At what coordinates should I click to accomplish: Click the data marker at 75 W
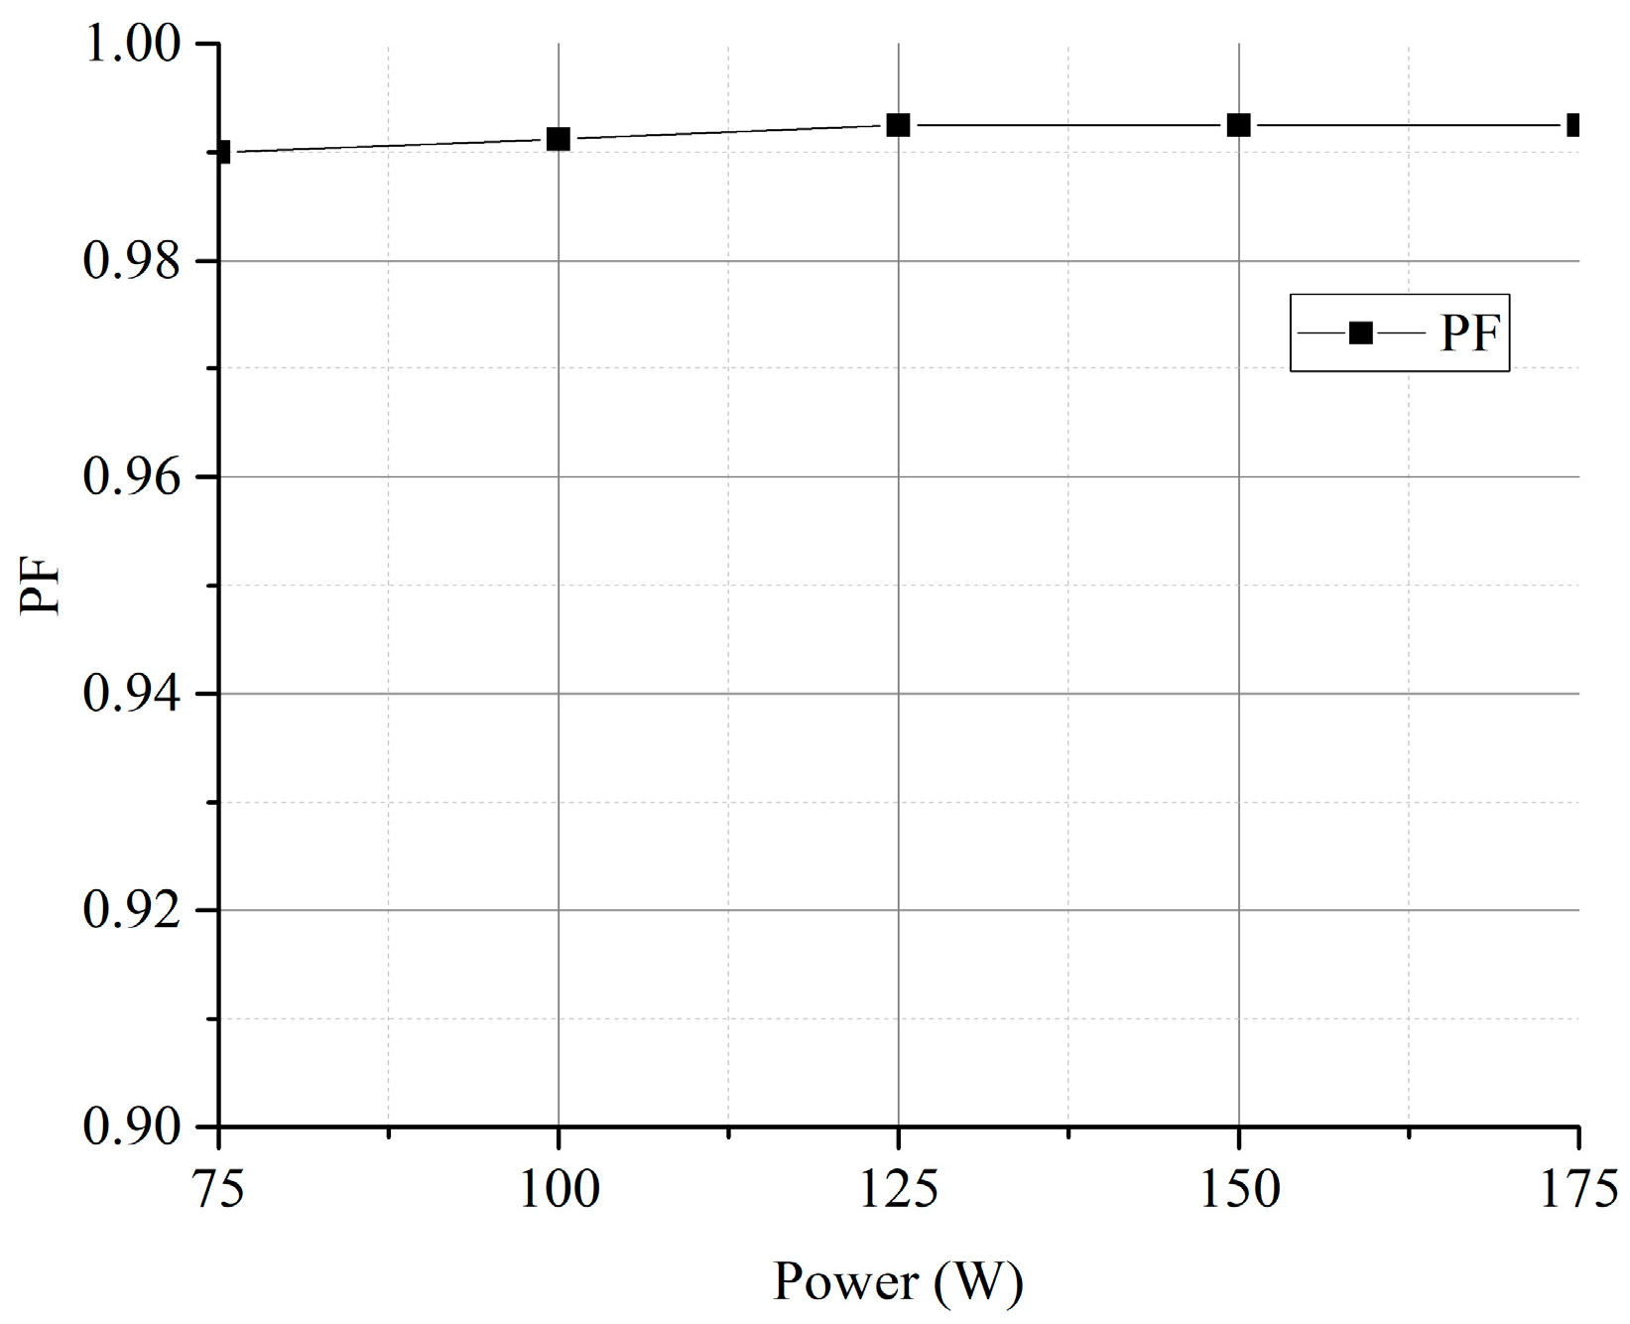click(223, 152)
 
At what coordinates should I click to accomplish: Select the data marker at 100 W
click(559, 139)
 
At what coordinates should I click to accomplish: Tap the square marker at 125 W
click(898, 125)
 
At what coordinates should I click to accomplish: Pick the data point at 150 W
click(1238, 125)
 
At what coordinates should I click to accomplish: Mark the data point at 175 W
click(1573, 125)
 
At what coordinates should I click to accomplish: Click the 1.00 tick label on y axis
click(133, 44)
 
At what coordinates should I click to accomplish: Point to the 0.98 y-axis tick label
click(133, 261)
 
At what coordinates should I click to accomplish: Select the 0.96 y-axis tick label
click(133, 477)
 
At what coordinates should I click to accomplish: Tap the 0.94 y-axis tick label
click(133, 694)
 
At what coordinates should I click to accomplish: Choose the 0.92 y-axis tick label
click(133, 910)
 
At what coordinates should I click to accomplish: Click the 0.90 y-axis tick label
click(133, 1126)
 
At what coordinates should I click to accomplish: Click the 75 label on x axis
click(219, 1189)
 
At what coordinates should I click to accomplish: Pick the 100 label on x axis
click(560, 1189)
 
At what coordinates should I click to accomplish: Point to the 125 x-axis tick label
click(899, 1189)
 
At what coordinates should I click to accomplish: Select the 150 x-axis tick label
click(1240, 1189)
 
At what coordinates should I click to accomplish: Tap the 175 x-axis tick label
click(1577, 1189)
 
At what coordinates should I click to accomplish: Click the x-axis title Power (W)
click(898, 1281)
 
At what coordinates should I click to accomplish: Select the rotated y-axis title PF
click(42, 586)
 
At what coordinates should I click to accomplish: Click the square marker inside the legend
click(1361, 333)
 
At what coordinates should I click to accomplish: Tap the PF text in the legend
click(1469, 333)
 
